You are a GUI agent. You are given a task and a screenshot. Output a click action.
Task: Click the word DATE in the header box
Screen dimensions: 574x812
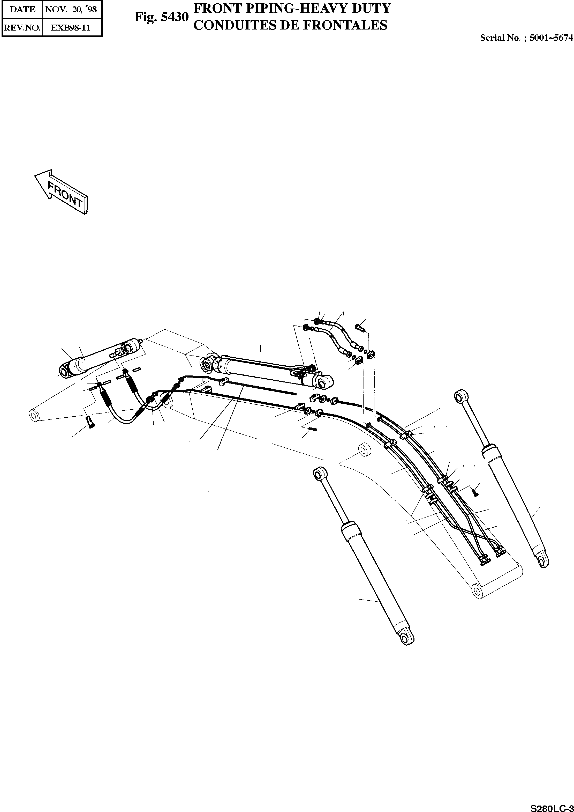point(22,10)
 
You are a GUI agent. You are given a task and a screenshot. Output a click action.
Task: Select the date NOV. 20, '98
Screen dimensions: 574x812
point(72,10)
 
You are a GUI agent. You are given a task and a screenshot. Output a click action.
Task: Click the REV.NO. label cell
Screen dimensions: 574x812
point(22,28)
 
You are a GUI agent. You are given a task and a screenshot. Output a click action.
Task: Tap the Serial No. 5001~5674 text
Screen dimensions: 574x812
point(526,38)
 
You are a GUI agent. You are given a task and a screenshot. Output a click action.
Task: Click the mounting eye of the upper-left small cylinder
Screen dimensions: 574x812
point(64,372)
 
